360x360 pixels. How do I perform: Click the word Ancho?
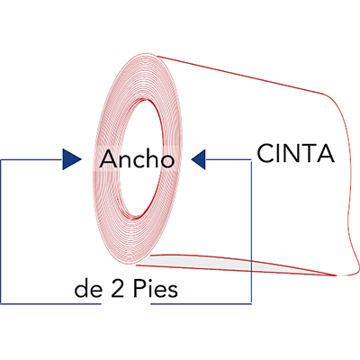pos(137,158)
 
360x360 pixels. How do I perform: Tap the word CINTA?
pos(295,153)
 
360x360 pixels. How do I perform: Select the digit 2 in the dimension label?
pos(118,289)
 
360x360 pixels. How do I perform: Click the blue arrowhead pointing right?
pos(72,159)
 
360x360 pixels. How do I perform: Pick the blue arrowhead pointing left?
pos(198,159)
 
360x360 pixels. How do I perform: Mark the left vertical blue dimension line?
pos(1,231)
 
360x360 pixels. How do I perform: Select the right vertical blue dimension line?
pos(251,231)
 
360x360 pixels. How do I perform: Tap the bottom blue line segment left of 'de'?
pos(50,303)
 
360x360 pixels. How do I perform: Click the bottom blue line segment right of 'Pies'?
pos(201,303)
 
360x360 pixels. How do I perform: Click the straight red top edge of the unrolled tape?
pos(240,75)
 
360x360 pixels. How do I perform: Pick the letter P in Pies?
pos(138,289)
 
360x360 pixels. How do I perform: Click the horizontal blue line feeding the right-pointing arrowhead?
pos(31,159)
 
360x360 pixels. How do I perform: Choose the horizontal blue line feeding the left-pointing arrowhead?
pos(229,159)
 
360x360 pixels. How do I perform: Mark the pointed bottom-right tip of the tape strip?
pos(336,274)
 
